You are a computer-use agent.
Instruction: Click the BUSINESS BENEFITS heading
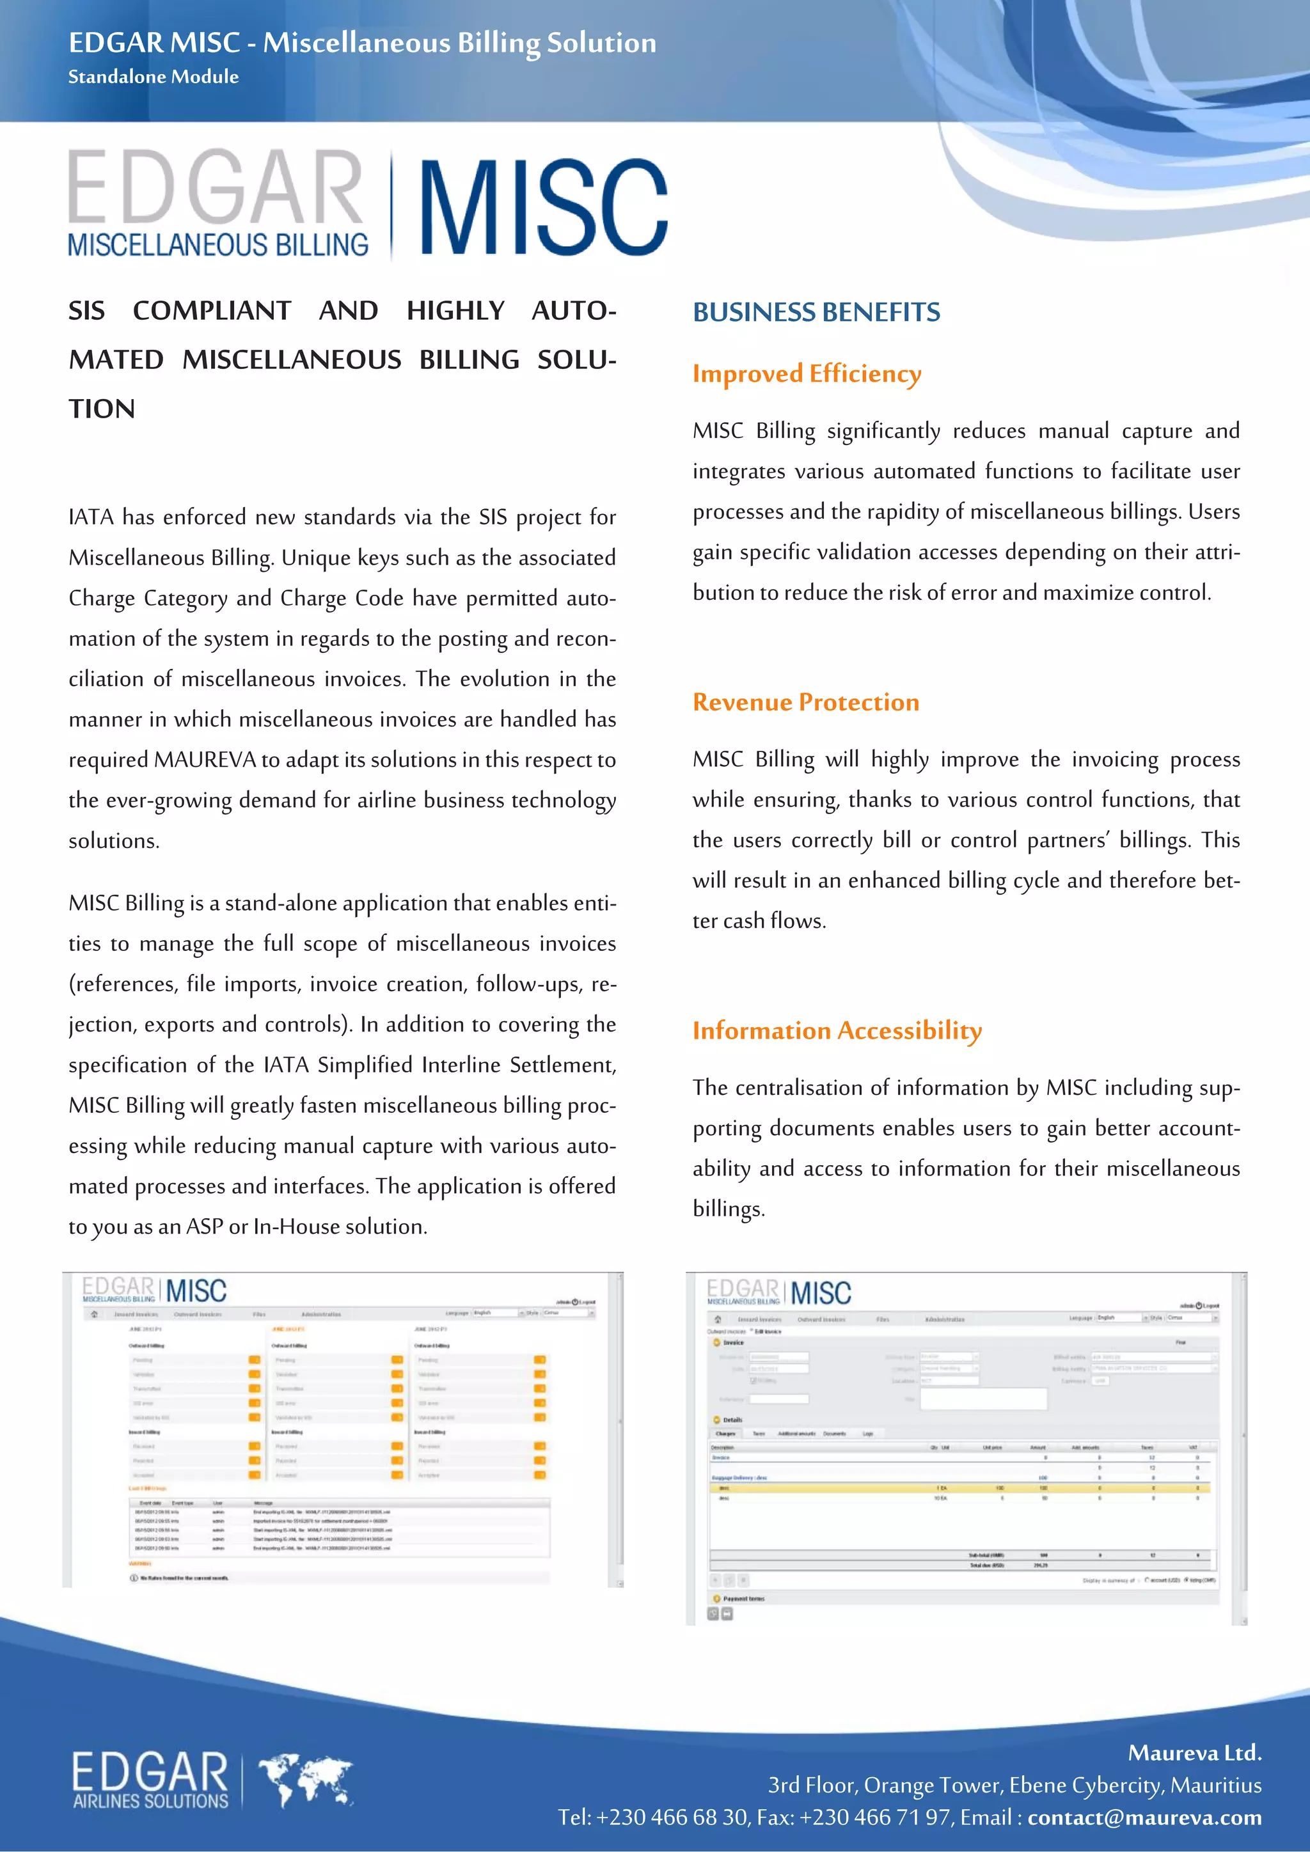point(816,312)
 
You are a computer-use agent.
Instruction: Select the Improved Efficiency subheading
point(806,373)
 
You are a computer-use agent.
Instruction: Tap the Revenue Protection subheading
point(805,702)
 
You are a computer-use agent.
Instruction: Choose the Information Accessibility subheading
point(837,1030)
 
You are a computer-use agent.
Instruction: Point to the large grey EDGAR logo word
point(216,187)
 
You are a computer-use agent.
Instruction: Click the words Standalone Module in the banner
point(154,77)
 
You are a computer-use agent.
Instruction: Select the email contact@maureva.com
point(1144,1817)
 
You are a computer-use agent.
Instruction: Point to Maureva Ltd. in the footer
point(1194,1753)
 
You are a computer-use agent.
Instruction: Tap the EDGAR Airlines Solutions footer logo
point(150,1779)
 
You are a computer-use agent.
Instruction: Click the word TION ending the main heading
point(102,409)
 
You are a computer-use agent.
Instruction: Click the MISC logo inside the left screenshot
point(196,1291)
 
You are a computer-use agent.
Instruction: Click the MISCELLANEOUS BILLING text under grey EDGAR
point(217,244)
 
